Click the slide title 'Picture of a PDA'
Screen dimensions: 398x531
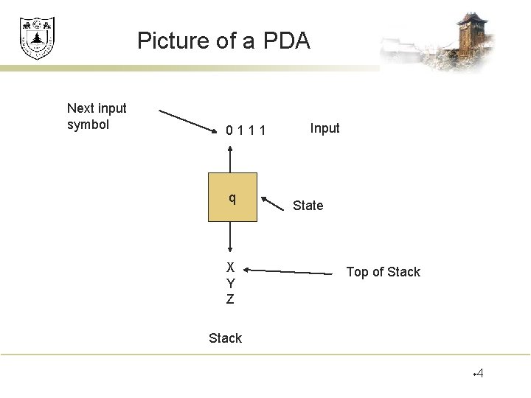[x=223, y=40]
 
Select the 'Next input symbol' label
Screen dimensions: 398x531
[x=97, y=116]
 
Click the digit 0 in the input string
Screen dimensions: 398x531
[x=231, y=131]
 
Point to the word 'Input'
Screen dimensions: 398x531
[x=324, y=128]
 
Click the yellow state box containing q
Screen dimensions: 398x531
[x=232, y=198]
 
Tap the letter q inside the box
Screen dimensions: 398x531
[x=232, y=198]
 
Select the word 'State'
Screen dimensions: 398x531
[x=308, y=206]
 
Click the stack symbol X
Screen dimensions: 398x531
[x=230, y=268]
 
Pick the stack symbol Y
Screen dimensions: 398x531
[x=230, y=284]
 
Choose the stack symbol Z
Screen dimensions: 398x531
[x=230, y=299]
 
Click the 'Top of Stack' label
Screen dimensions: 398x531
[x=383, y=272]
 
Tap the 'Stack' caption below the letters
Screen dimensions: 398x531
[x=225, y=338]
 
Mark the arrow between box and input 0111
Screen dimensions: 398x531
[x=231, y=158]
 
